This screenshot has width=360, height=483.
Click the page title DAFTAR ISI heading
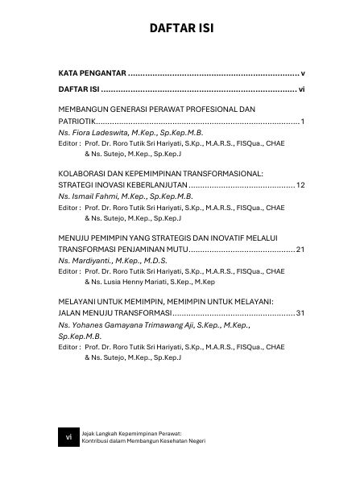[180, 30]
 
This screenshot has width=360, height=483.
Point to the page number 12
[299, 185]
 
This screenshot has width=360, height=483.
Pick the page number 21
[299, 250]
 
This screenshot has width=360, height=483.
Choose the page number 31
[299, 314]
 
